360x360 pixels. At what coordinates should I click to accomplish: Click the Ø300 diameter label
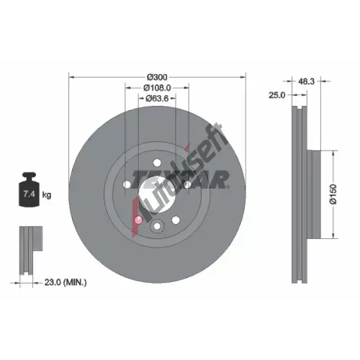(157, 77)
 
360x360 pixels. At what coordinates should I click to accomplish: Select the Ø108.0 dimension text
(157, 88)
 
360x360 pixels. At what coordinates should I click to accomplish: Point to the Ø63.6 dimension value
(157, 99)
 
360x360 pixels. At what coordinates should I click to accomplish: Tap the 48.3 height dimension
(306, 81)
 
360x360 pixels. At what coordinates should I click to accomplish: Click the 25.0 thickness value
(276, 95)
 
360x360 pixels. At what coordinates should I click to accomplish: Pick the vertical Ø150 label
(333, 194)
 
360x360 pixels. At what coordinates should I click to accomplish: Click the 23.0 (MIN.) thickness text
(66, 282)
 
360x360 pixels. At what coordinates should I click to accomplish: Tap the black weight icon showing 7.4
(30, 189)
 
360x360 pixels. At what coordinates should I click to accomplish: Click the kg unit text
(47, 195)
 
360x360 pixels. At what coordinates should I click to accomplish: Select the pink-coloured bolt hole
(138, 220)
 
